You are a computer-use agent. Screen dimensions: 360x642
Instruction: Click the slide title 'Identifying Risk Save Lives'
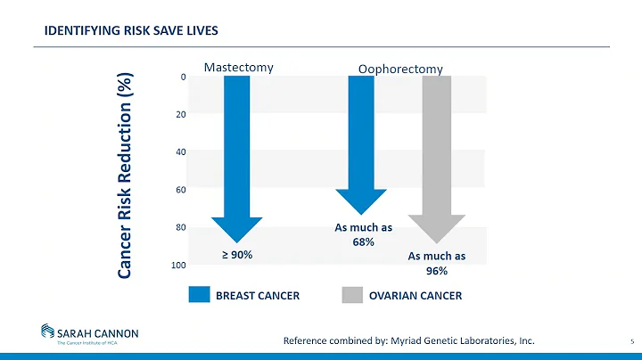coord(132,32)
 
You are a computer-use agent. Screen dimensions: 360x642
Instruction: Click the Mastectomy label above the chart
coord(238,66)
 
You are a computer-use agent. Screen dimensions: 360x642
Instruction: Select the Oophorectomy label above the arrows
coord(399,69)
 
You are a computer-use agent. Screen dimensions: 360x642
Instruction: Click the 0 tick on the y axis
coord(182,78)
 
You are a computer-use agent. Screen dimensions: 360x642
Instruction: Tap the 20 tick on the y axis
coord(180,115)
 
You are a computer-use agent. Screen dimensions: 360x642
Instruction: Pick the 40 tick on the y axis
coord(180,152)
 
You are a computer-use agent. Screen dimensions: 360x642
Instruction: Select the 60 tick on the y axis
coord(180,190)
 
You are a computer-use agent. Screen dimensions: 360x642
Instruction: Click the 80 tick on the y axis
coord(180,228)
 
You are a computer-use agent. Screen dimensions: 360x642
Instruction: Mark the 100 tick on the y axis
coord(178,266)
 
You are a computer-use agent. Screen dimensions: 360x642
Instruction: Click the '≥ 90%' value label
coord(237,255)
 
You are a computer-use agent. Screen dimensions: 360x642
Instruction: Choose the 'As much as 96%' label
coord(437,263)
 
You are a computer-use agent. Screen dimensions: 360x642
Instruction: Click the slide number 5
coord(630,340)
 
